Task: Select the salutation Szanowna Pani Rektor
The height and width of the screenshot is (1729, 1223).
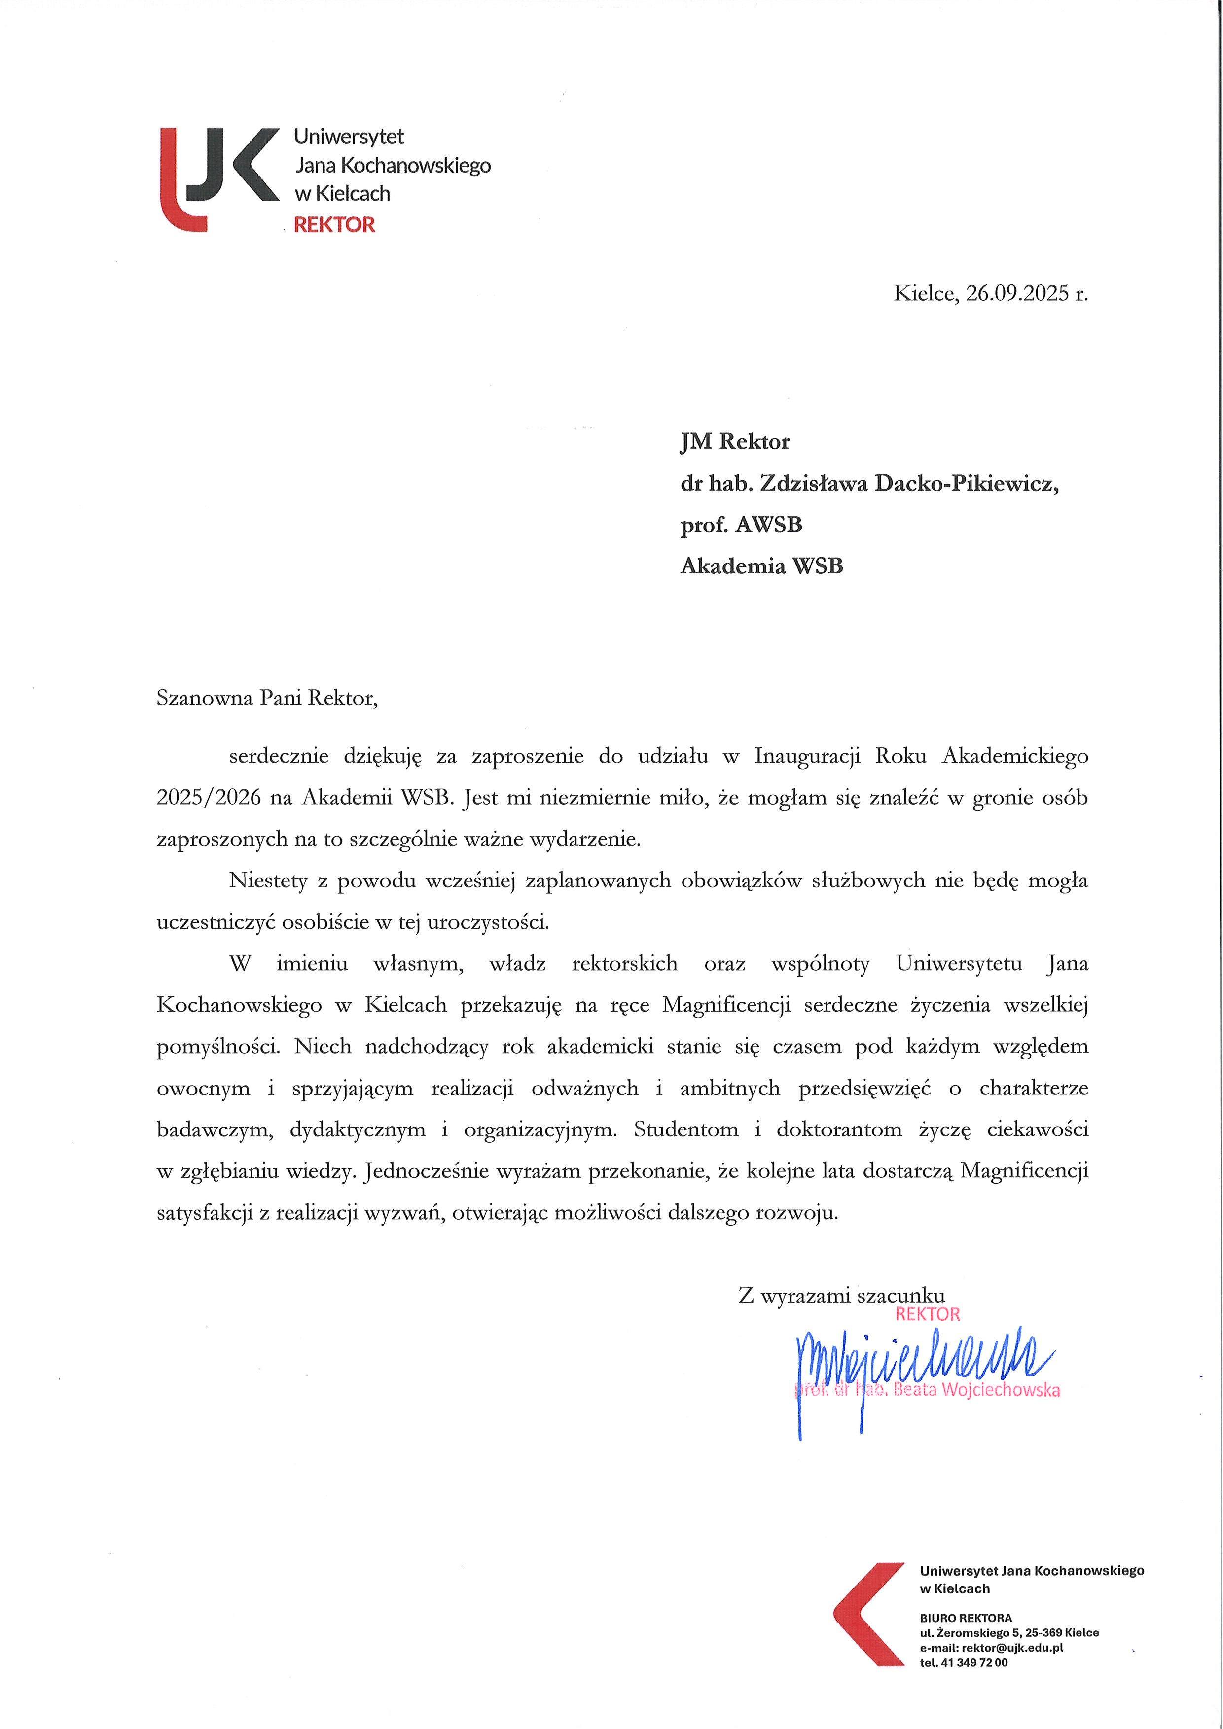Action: click(x=267, y=698)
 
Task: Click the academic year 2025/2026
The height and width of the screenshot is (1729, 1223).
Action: click(x=209, y=798)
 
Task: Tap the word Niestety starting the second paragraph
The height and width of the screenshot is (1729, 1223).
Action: click(x=268, y=881)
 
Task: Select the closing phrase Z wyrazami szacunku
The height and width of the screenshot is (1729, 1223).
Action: click(x=841, y=1296)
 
